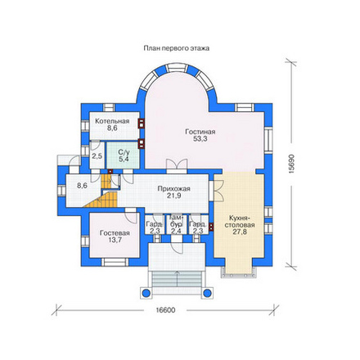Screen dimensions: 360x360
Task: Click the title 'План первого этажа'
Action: [177, 48]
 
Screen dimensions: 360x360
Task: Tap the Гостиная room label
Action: [200, 132]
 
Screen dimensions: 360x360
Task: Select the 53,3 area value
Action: [200, 139]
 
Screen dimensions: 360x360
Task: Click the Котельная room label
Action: [112, 121]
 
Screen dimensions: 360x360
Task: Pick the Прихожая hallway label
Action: [174, 189]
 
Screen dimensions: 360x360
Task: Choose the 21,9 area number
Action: [174, 196]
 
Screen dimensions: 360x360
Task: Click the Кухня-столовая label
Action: [240, 222]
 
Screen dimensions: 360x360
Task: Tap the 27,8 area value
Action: [240, 232]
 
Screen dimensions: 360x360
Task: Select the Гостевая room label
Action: [115, 233]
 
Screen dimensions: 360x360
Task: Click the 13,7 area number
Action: [115, 240]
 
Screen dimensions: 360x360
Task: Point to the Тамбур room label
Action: [176, 221]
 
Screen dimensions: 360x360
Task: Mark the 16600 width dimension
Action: [165, 310]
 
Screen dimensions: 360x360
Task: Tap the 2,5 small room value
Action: [97, 156]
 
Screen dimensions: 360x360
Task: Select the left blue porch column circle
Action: [146, 293]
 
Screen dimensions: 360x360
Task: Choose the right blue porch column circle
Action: [207, 293]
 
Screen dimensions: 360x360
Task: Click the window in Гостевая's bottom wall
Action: [115, 262]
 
